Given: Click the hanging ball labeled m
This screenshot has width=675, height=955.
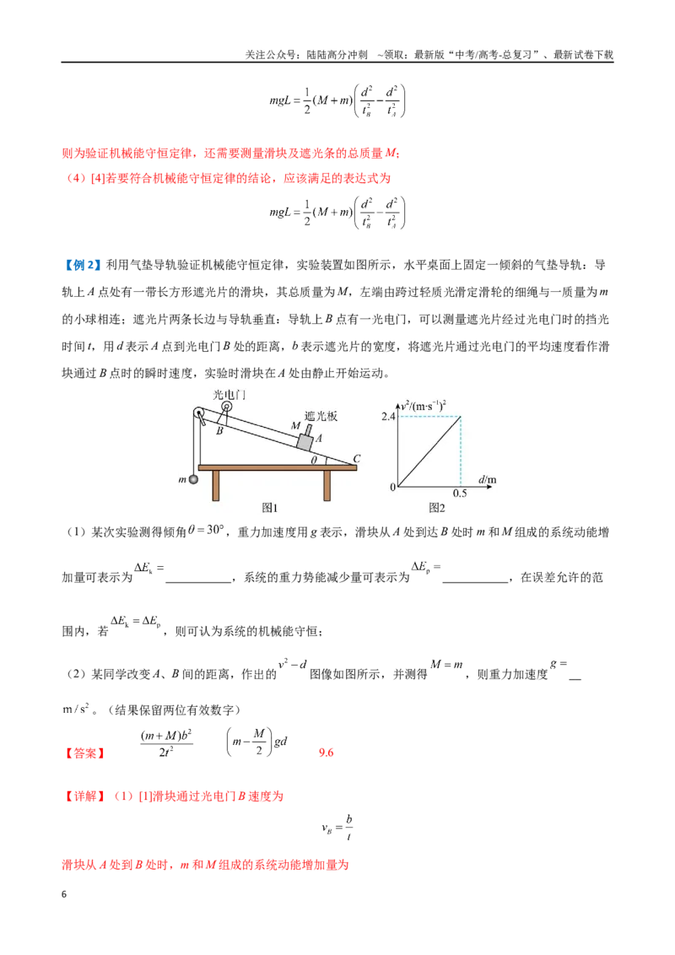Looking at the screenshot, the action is (194, 479).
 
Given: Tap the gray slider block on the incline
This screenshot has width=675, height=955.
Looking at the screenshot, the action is (305, 441).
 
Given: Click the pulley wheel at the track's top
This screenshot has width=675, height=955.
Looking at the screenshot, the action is (200, 413).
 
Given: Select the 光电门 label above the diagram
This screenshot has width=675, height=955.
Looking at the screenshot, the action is (229, 395).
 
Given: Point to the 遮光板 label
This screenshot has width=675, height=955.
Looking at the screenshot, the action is (321, 416).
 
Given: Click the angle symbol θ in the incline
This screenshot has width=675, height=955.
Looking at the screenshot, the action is (314, 461).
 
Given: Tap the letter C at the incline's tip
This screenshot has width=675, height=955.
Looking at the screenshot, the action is (357, 459).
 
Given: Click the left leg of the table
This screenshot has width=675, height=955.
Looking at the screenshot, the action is (216, 485).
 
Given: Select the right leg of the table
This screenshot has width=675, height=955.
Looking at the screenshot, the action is (327, 485).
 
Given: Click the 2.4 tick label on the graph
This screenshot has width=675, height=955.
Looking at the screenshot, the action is (388, 417).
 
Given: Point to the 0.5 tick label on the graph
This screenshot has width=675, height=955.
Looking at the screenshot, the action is (460, 494).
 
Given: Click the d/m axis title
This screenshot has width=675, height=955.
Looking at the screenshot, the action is (488, 479).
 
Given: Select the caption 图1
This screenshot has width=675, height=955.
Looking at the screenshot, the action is (270, 508).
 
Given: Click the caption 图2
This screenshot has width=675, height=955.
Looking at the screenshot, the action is (437, 508).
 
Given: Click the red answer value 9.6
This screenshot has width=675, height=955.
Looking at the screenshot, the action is (326, 753).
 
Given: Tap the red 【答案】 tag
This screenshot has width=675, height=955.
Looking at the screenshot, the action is (84, 753).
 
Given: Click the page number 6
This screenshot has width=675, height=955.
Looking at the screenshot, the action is (64, 894).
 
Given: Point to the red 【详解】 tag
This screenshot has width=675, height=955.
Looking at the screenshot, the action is (84, 796).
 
